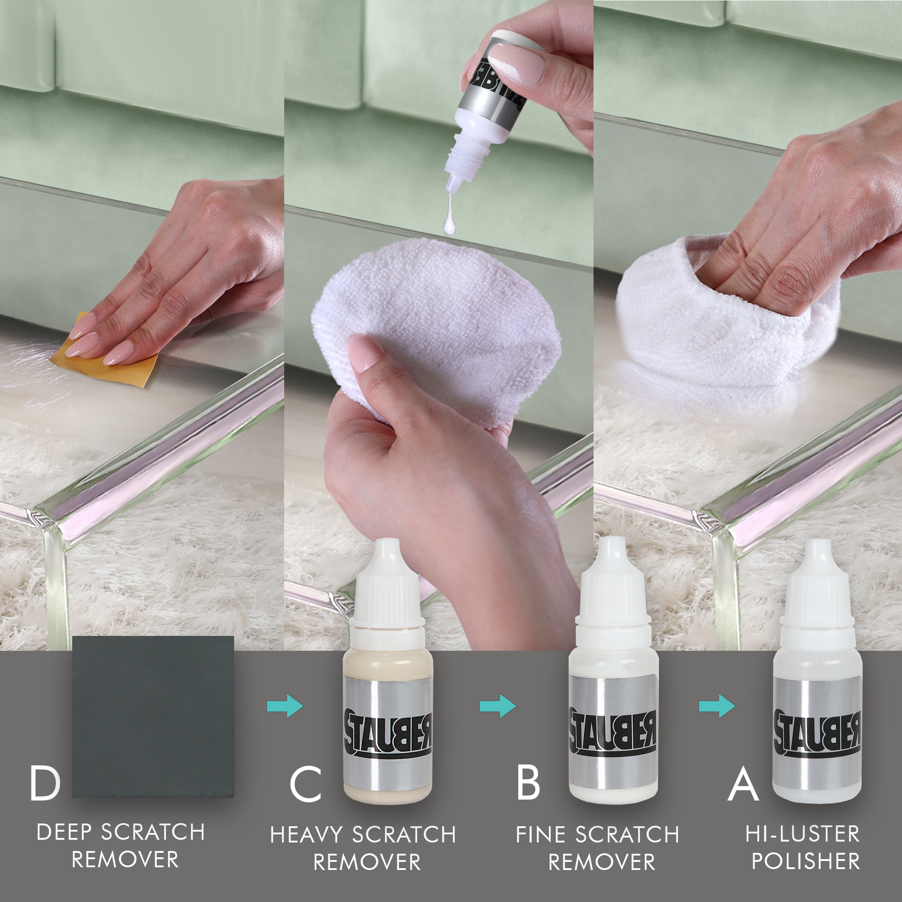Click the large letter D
tap(45, 783)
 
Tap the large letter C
tap(305, 783)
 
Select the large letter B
tap(528, 783)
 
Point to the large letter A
tap(743, 783)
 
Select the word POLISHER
tap(806, 861)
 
